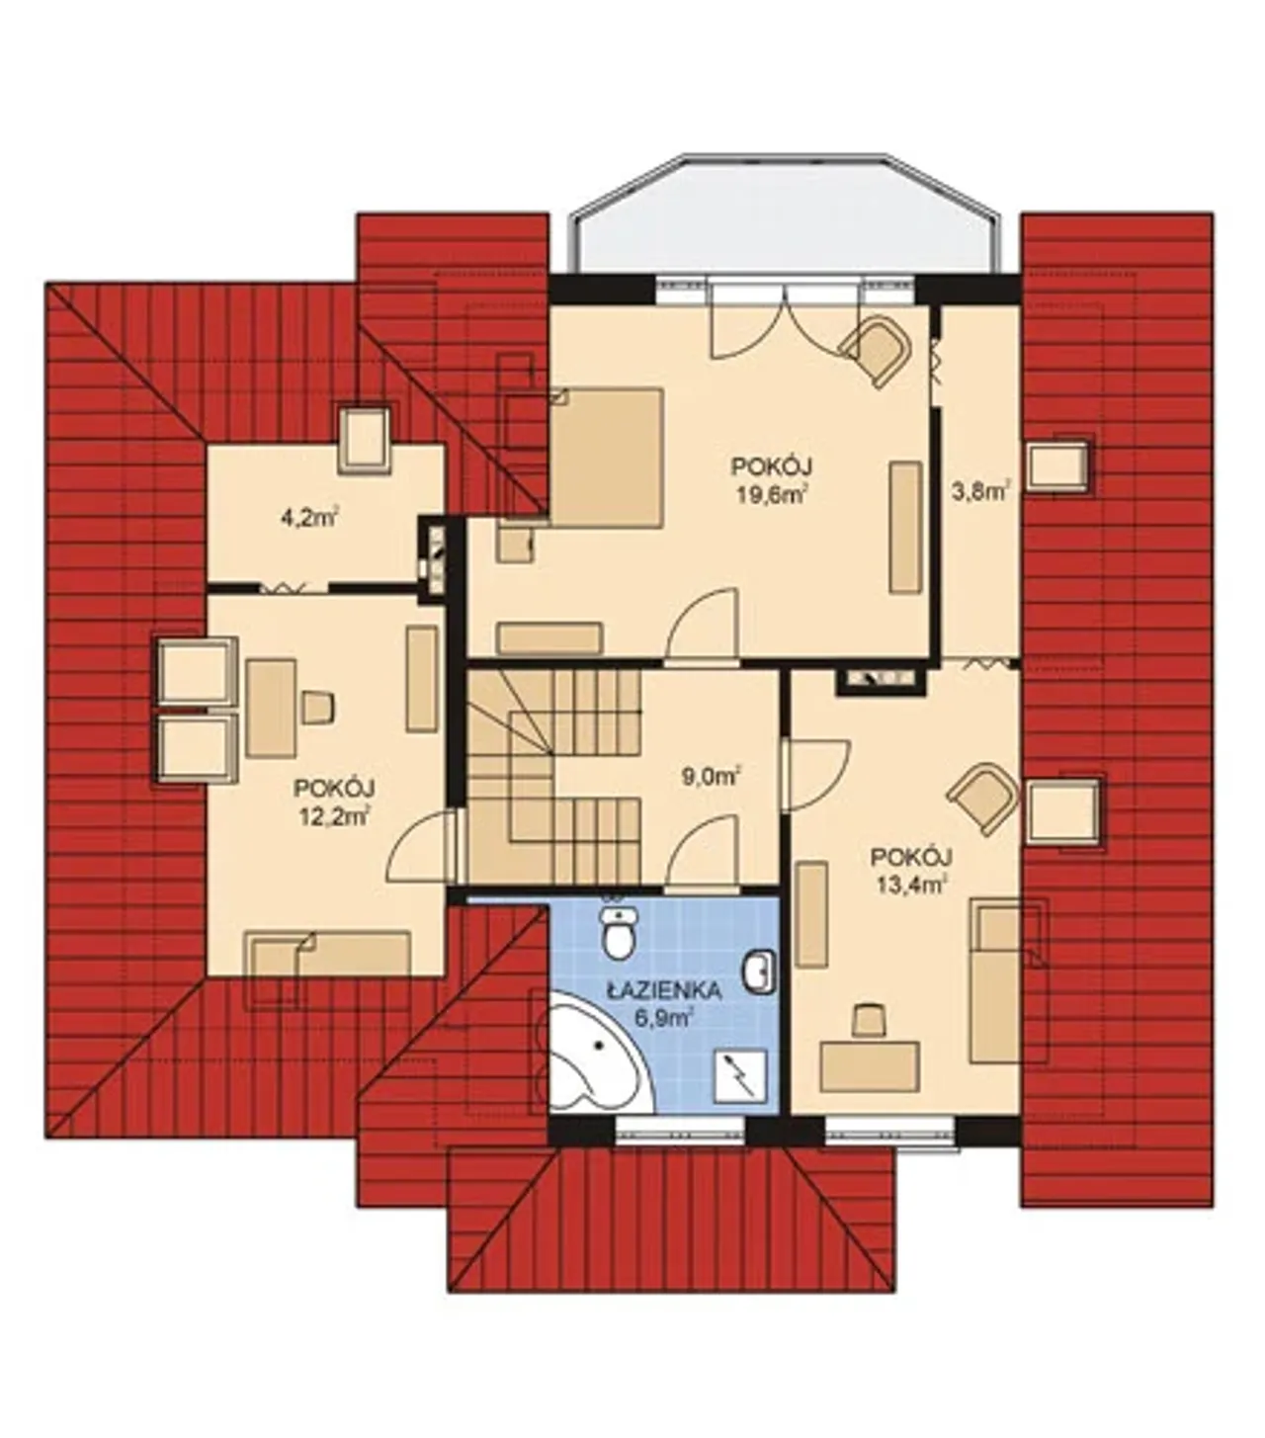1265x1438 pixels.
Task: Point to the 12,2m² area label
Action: coord(334,817)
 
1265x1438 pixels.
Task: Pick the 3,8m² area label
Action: coord(980,492)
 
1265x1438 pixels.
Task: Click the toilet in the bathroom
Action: coord(621,932)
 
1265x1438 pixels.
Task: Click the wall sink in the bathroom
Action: coord(760,971)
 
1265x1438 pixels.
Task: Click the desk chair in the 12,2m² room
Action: coord(318,707)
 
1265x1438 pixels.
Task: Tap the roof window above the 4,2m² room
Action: coord(365,439)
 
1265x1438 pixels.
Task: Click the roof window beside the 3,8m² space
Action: coord(1058,466)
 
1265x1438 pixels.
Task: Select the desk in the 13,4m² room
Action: coord(869,1066)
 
